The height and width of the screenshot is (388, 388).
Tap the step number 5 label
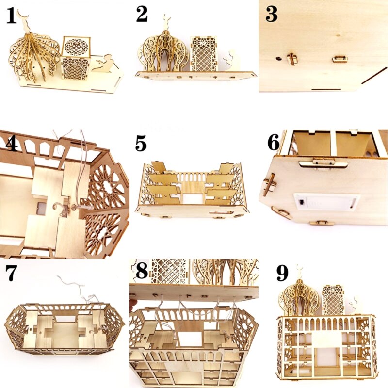pyautogui.click(x=141, y=145)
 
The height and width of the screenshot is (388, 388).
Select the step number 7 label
pyautogui.click(x=12, y=274)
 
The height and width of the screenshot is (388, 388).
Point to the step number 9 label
pyautogui.click(x=282, y=274)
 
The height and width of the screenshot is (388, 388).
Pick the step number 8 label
pyautogui.click(x=142, y=271)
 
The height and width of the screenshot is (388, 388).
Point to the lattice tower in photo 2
pyautogui.click(x=203, y=53)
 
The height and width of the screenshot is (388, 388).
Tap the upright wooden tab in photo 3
pyautogui.click(x=291, y=59)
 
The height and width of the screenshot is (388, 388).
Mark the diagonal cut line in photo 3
pyautogui.click(x=374, y=76)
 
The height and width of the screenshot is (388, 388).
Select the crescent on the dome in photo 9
pyautogui.click(x=301, y=269)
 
